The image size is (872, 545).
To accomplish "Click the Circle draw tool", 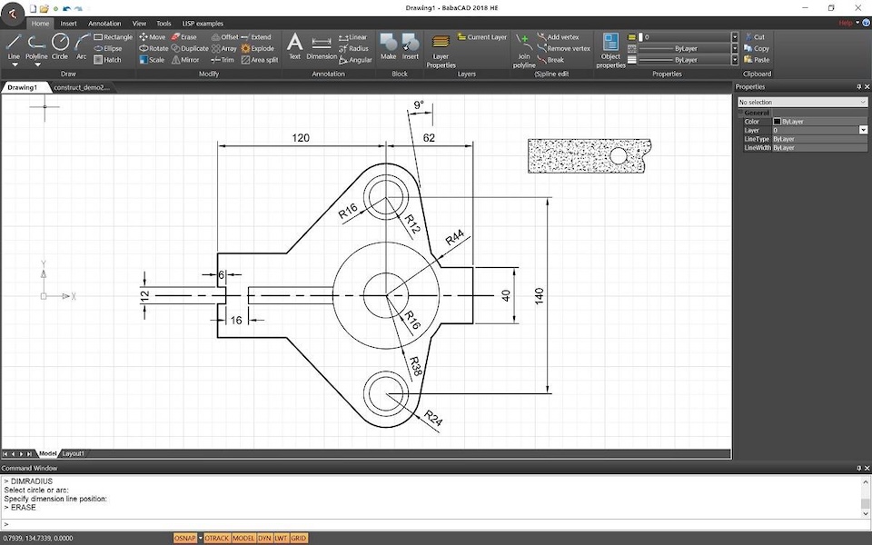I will coord(60,45).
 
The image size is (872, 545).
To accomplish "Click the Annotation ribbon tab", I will coord(104,24).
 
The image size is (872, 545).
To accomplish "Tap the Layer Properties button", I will coord(441,49).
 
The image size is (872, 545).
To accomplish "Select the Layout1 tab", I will coord(74,453).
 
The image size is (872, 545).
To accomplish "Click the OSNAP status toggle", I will coord(185,539).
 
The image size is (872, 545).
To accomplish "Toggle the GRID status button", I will coord(299,539).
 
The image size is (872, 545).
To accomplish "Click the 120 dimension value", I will coord(301,138).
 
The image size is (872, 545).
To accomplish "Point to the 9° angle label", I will coord(419,106).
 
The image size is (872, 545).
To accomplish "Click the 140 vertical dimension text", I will coord(539,296).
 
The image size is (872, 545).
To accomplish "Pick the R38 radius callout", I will coord(414,365).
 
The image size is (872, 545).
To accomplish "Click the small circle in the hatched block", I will coord(618,156).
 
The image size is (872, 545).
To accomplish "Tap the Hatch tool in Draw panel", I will coord(107,60).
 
